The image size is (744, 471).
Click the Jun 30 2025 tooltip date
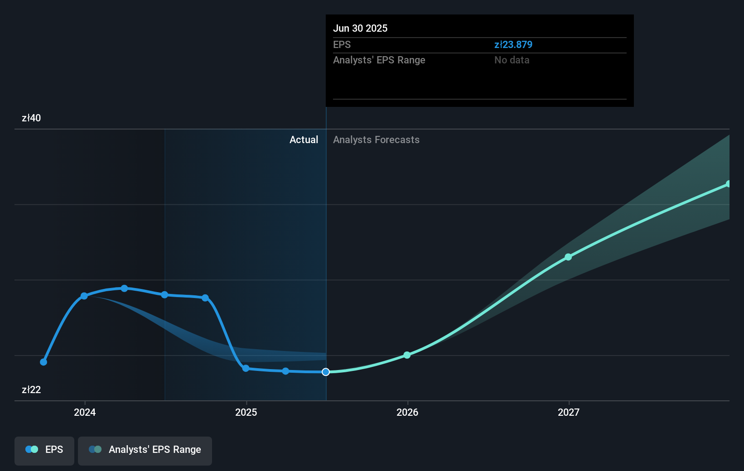coord(360,28)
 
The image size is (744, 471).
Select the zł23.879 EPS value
coord(513,44)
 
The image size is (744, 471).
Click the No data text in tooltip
coord(512,60)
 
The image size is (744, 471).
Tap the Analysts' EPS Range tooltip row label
coord(379,60)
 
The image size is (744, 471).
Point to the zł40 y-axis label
coord(31,118)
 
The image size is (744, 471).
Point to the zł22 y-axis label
coord(31,389)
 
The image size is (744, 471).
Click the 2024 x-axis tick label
coord(85,412)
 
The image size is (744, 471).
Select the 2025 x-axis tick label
coord(246,412)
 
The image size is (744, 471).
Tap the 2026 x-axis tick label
coord(407,412)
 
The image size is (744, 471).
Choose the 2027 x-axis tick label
coord(569,412)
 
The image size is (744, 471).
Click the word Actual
coord(304,139)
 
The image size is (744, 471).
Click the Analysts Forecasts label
coord(376,139)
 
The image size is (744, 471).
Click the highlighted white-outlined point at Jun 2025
coord(326,372)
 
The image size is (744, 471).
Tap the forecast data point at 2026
coord(407,355)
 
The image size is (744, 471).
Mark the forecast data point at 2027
coord(568,257)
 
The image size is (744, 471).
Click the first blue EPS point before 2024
coord(43,362)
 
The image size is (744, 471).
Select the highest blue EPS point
coord(125,288)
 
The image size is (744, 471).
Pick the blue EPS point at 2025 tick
coord(246,368)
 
